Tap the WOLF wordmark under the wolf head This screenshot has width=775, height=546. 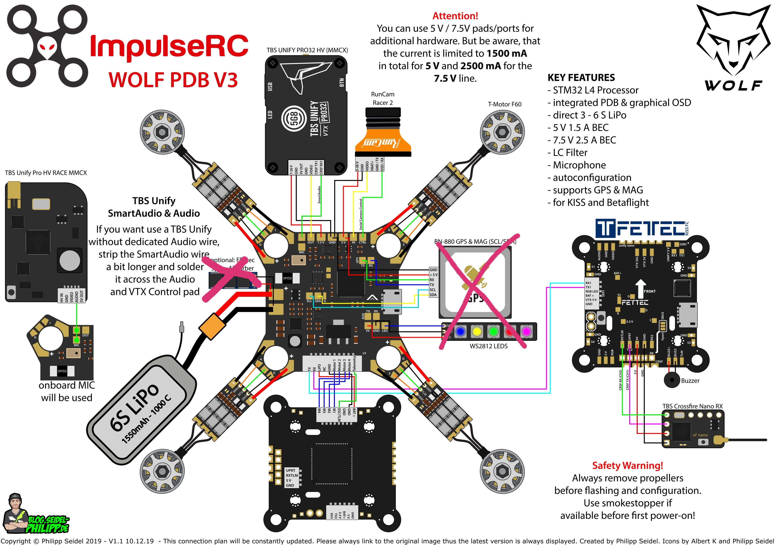click(733, 85)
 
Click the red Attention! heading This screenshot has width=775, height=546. click(455, 16)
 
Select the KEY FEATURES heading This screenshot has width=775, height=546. click(581, 78)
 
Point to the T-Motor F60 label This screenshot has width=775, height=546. click(504, 104)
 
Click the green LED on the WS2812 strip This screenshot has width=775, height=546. click(493, 331)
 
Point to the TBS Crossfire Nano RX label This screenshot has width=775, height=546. click(692, 406)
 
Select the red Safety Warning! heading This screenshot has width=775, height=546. click(628, 465)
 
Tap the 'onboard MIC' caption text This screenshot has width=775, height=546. click(67, 385)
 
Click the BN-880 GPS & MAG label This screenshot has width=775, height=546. click(475, 242)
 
